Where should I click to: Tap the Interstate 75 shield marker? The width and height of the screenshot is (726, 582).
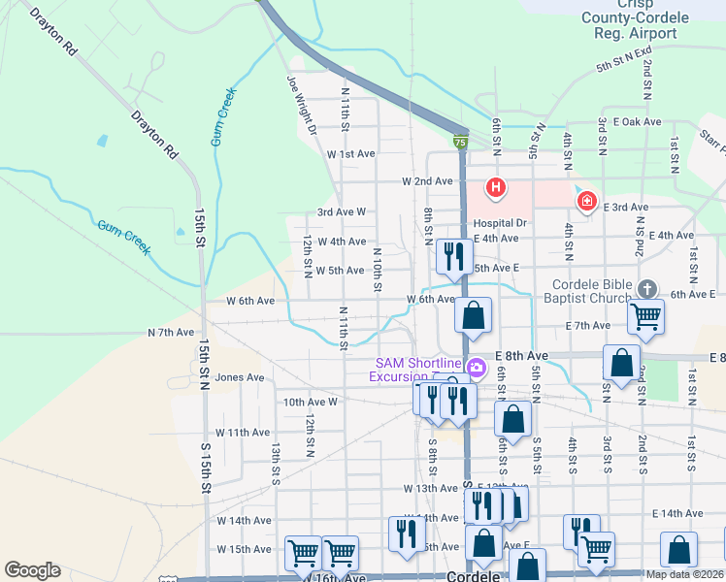click(x=460, y=143)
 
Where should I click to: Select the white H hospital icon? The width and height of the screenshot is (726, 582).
click(x=496, y=186)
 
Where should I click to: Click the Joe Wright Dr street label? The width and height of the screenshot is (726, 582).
click(x=300, y=106)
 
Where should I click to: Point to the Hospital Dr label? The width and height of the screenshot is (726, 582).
click(x=499, y=223)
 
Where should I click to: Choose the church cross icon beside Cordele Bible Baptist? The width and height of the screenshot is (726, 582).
click(x=648, y=289)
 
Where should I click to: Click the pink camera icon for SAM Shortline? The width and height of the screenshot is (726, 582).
click(x=476, y=368)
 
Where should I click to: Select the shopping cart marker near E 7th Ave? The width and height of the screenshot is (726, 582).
click(x=645, y=316)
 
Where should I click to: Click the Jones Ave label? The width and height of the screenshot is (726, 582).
click(x=240, y=377)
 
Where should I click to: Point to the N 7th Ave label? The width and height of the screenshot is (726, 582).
click(x=171, y=332)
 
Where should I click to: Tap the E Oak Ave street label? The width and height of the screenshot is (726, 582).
click(x=637, y=122)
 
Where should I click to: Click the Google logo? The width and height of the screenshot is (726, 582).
click(x=32, y=570)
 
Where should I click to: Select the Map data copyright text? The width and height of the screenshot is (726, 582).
click(x=685, y=574)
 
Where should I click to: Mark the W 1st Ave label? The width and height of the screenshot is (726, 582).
click(x=350, y=154)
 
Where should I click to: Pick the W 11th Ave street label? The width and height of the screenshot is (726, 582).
click(x=241, y=432)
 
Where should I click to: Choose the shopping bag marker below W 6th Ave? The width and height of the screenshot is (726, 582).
click(x=473, y=316)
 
